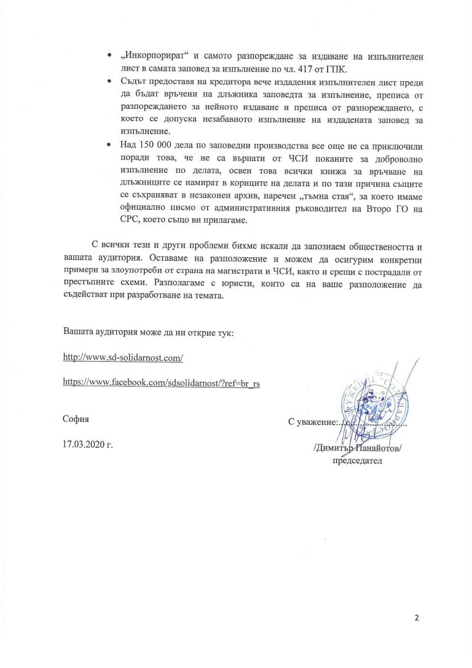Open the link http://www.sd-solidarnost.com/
[124, 357]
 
